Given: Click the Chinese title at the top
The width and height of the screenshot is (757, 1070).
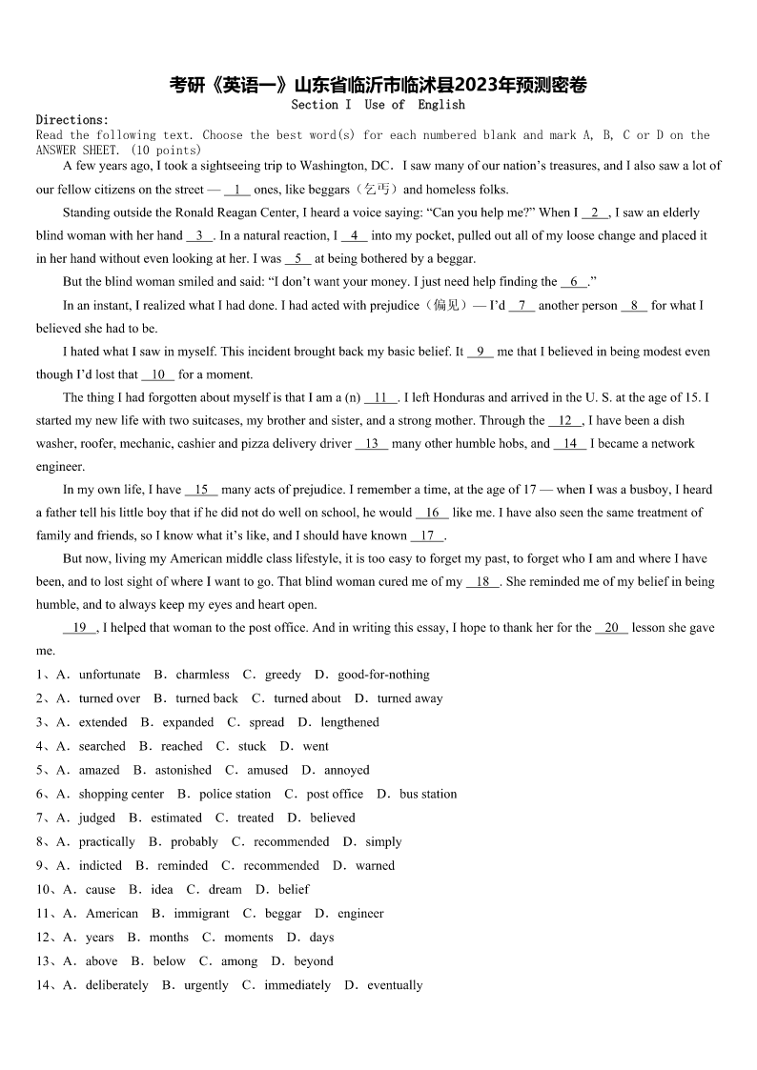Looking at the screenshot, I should pos(378,85).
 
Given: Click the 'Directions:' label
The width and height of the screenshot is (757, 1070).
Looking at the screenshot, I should pos(72,120).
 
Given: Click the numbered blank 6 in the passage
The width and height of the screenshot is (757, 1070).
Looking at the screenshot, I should pos(574,282).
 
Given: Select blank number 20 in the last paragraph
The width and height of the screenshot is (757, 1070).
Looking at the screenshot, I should pos(611,628).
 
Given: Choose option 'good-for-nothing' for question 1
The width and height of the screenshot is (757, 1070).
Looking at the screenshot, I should pos(383,675).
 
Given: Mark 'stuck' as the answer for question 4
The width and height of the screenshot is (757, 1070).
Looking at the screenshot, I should pos(252,746).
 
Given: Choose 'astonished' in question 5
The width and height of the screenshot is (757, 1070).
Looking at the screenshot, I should pos(183,770).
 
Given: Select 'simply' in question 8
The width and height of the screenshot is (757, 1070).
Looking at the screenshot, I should pos(383,841).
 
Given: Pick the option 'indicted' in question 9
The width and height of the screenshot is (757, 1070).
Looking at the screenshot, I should pos(100,865).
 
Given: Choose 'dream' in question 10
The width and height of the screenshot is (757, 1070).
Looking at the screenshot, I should pos(225,889).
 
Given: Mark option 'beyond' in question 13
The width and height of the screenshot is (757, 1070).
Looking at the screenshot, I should pos(314,960).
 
